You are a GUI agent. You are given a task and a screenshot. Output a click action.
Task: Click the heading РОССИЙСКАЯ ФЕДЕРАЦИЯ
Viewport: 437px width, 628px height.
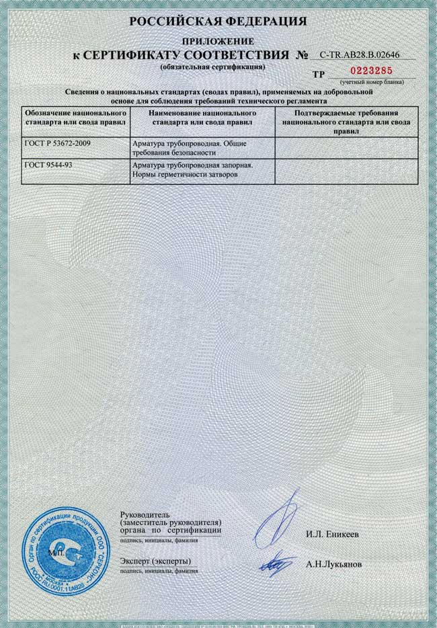pyautogui.click(x=218, y=22)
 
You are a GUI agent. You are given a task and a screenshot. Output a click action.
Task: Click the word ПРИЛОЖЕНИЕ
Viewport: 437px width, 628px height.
pyautogui.click(x=218, y=40)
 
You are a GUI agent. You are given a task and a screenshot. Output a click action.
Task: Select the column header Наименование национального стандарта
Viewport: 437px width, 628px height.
pyautogui.click(x=202, y=118)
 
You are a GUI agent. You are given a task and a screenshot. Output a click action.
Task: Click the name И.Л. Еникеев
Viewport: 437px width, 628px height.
pyautogui.click(x=332, y=534)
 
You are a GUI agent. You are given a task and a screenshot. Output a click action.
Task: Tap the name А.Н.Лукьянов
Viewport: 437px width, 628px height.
pyautogui.click(x=333, y=565)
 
